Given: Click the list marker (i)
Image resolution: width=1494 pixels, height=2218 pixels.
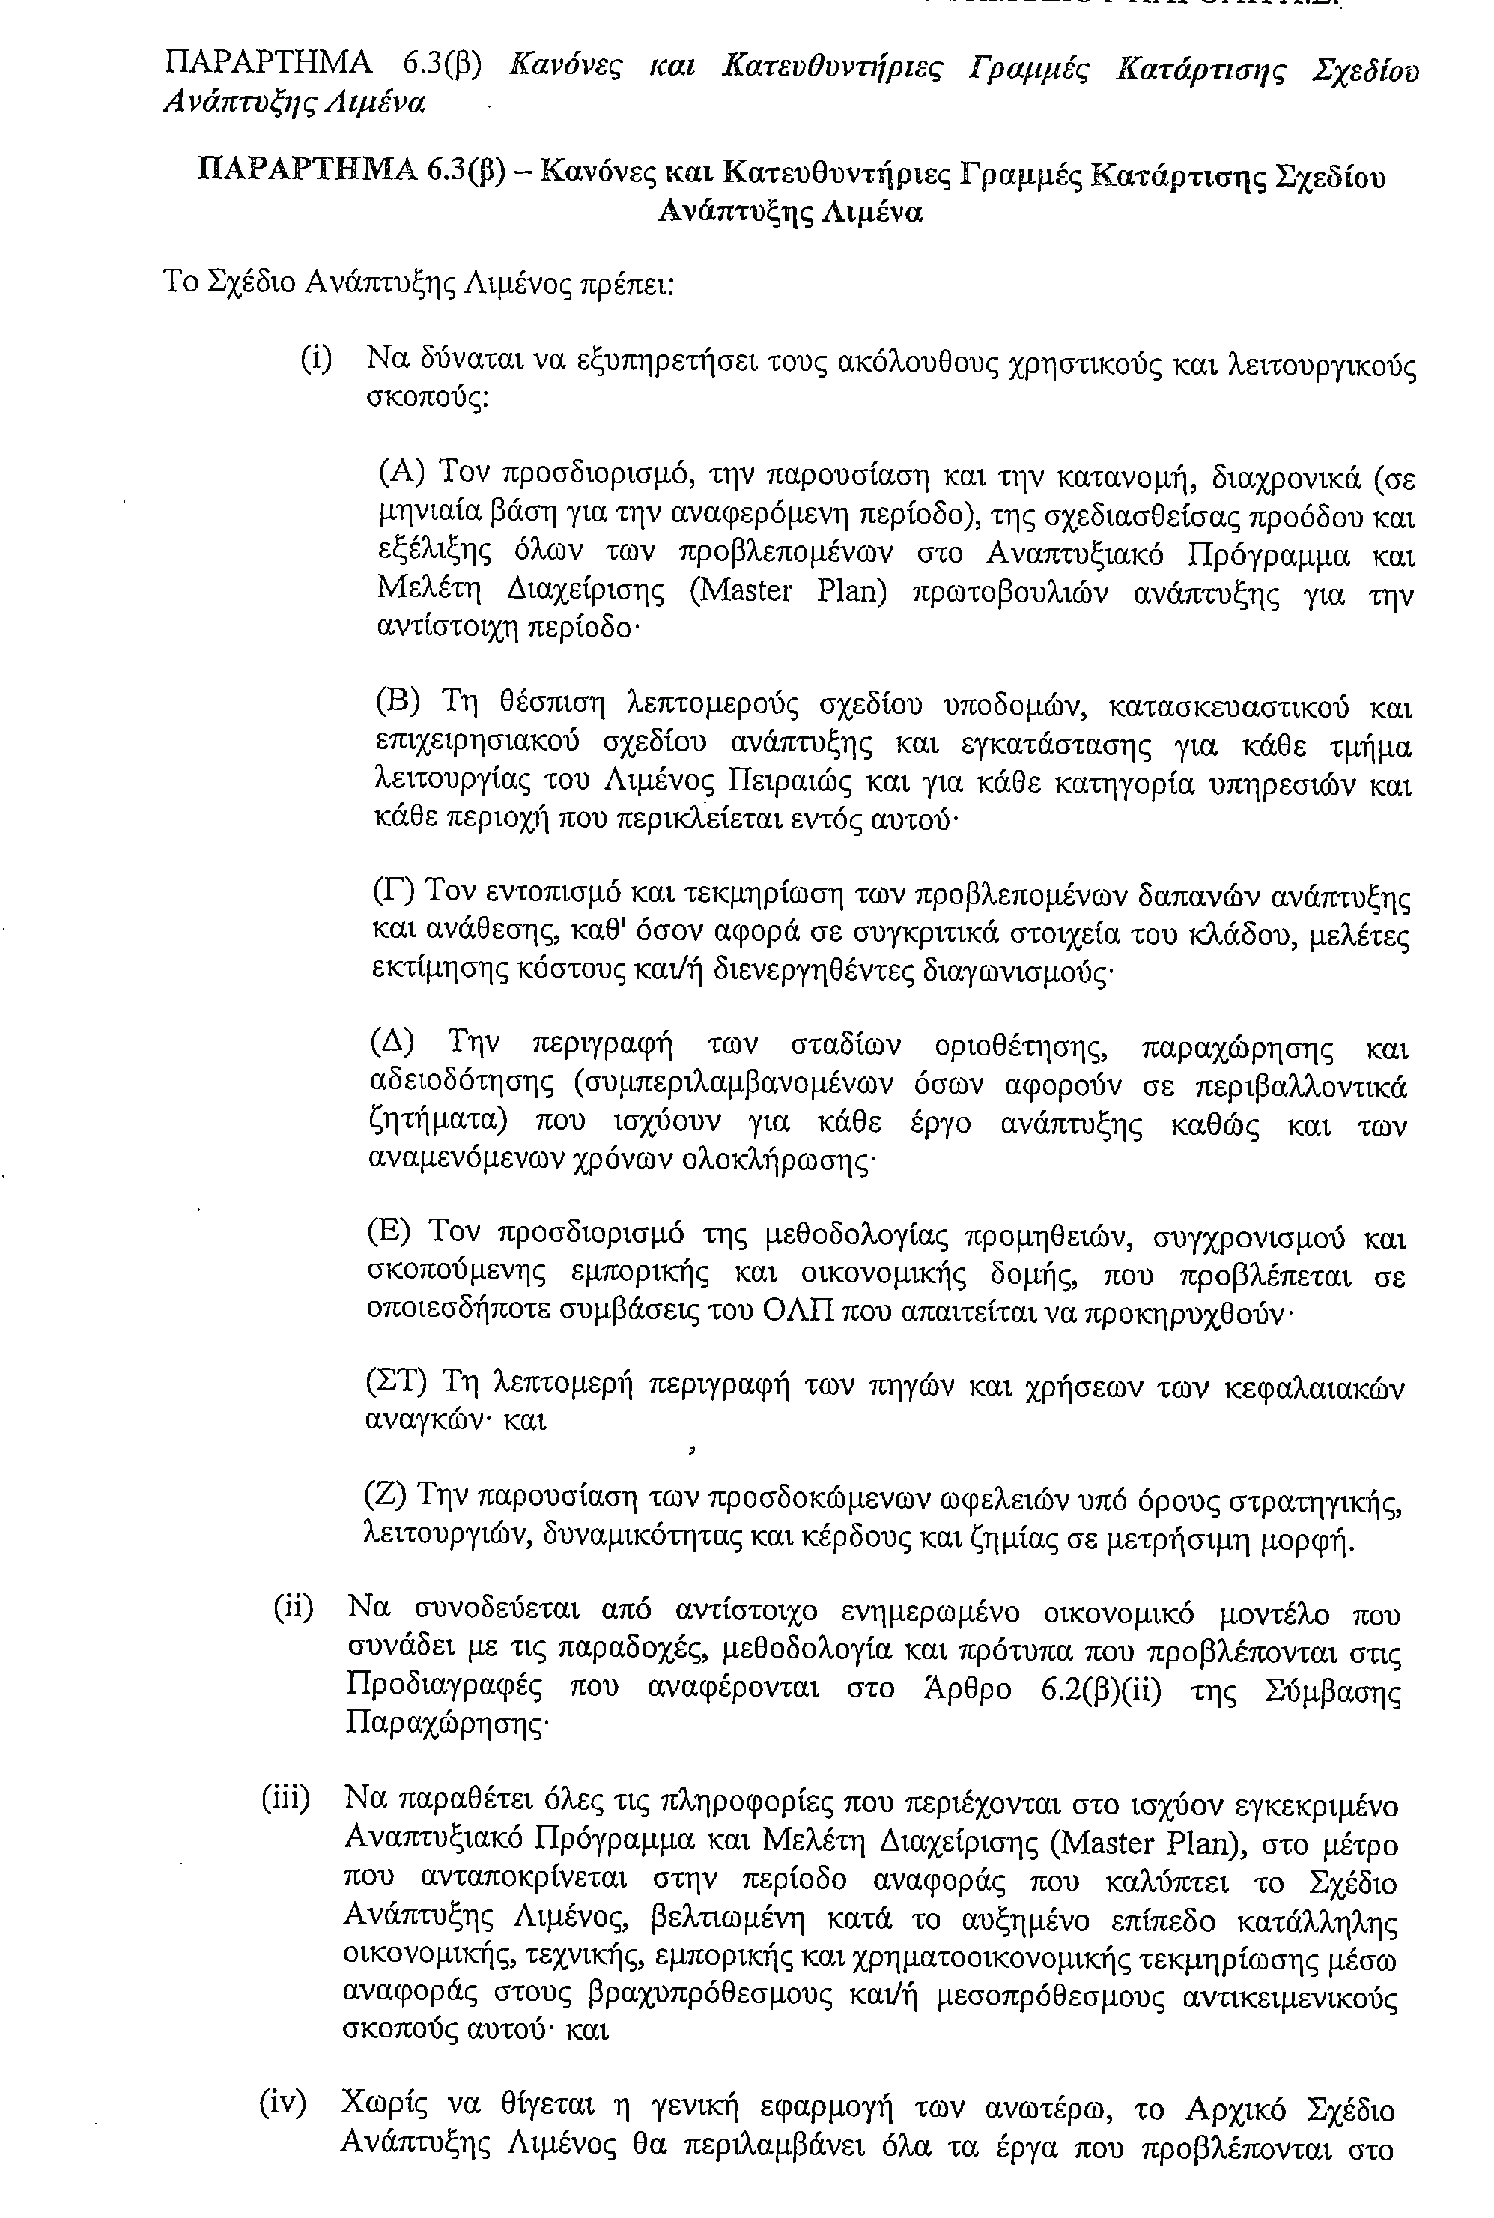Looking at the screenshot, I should [316, 360].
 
